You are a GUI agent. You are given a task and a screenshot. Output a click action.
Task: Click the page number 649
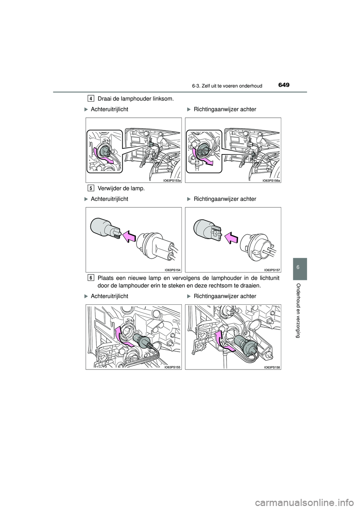point(283,85)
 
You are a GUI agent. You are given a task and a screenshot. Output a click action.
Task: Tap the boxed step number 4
point(91,99)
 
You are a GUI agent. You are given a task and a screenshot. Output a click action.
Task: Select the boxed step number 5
point(91,188)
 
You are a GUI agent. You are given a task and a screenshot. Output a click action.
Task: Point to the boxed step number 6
point(91,277)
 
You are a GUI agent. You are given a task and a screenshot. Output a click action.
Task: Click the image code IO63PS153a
point(172,181)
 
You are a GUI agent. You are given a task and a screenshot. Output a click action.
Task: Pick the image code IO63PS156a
point(271,181)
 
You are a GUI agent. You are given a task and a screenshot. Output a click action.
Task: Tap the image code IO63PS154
point(173,270)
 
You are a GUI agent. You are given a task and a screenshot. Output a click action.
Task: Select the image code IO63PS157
point(272,270)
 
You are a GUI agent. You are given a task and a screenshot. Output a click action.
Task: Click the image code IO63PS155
point(173,367)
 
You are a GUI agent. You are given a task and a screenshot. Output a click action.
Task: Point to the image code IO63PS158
point(272,367)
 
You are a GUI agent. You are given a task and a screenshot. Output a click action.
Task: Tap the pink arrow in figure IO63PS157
point(231,238)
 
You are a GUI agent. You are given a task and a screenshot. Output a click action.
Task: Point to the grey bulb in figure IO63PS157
point(208,229)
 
